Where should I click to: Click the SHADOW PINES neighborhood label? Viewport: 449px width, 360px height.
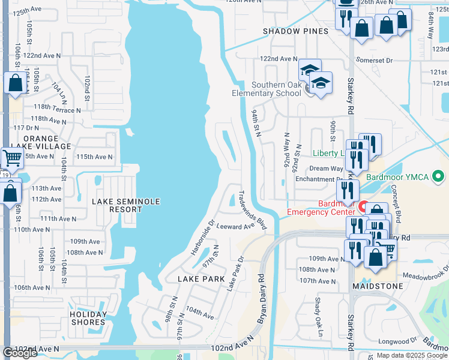coord(295,31)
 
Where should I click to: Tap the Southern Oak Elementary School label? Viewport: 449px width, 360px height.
coord(267,89)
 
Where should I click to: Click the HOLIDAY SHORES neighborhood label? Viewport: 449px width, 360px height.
coord(88,318)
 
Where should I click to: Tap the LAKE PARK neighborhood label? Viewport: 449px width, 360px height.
coord(201,279)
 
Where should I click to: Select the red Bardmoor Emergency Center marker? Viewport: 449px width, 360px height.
coord(363,207)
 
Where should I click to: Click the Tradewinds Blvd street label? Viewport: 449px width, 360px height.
coord(252,210)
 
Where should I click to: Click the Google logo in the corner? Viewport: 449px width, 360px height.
coord(20,353)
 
